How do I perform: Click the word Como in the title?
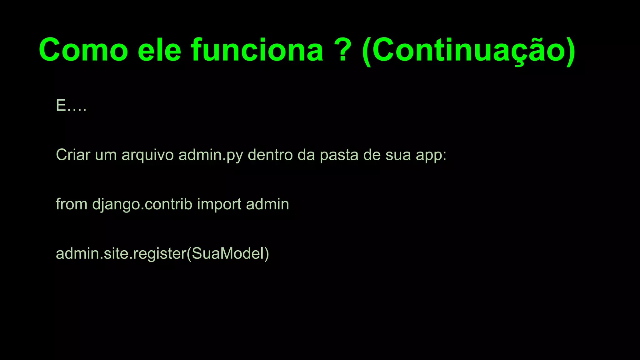pyautogui.click(x=83, y=50)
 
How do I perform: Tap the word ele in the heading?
pyautogui.click(x=159, y=50)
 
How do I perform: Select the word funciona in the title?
pyautogui.click(x=257, y=50)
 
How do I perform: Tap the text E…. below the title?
pyautogui.click(x=71, y=106)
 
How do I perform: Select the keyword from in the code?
pyautogui.click(x=72, y=204)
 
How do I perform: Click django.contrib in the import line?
pyautogui.click(x=142, y=205)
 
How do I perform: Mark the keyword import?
pyautogui.click(x=219, y=205)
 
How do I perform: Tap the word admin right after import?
pyautogui.click(x=267, y=204)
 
